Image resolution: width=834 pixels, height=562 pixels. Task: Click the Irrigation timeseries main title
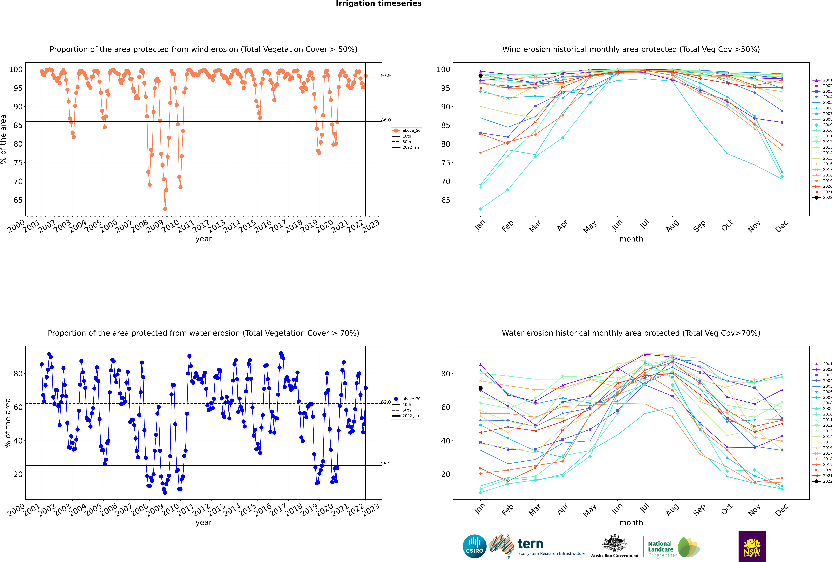[x=379, y=4]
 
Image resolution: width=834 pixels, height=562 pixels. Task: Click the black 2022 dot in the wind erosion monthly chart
[x=480, y=76]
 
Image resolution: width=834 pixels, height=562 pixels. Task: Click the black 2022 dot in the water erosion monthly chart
[x=480, y=388]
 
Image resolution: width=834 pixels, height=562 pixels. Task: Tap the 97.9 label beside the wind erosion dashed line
[x=386, y=75]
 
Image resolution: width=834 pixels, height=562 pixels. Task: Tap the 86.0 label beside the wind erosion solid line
[x=386, y=120]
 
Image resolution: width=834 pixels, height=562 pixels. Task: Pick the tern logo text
[x=530, y=544]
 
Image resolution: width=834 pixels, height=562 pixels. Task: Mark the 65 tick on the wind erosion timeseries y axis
[x=18, y=200]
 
